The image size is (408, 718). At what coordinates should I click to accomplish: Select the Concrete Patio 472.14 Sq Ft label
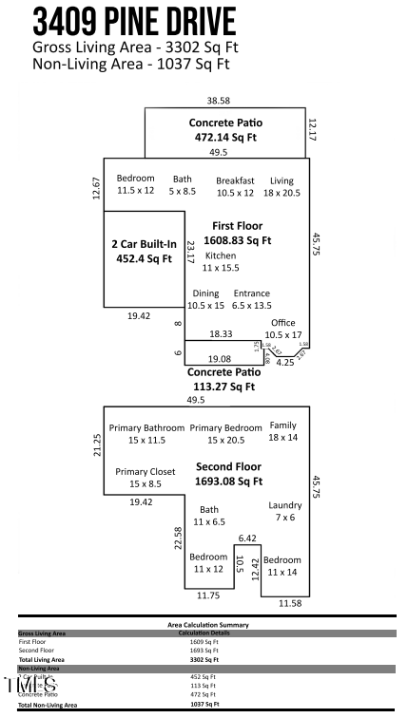225,130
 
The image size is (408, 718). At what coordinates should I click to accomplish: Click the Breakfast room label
235,186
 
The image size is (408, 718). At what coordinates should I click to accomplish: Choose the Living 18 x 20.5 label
282,186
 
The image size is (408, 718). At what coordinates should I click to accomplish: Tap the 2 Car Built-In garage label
144,251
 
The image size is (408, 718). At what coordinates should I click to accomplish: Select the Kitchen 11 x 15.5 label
221,262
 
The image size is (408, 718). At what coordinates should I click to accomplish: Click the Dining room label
206,299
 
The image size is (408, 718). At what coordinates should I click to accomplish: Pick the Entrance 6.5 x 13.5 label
252,299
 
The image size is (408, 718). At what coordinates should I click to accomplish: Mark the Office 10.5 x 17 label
283,329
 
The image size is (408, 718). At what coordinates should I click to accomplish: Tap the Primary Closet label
140,478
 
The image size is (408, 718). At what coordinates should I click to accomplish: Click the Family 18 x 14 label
283,431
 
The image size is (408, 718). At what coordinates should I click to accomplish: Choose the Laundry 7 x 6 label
285,511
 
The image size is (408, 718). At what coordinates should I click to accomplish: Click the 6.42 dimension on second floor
247,538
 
